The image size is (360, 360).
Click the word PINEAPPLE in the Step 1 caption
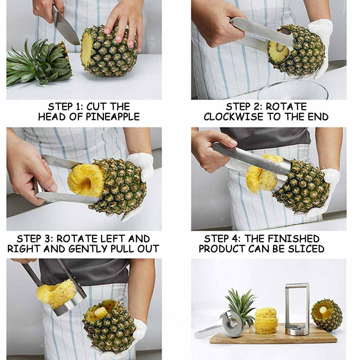click(113, 117)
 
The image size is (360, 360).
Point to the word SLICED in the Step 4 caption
click(306, 249)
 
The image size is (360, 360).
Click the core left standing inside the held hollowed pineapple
click(101, 312)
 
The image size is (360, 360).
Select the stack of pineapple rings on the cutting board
click(266, 321)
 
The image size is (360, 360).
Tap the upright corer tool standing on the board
click(297, 309)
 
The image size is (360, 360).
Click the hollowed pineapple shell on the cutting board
click(327, 315)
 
